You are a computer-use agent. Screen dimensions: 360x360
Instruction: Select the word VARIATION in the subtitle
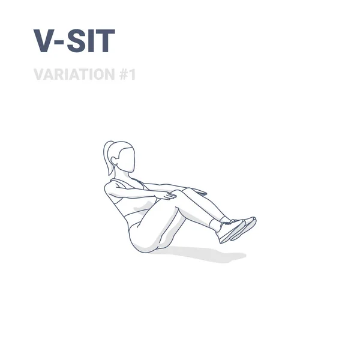click(x=71, y=74)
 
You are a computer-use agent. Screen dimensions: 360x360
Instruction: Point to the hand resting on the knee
click(x=166, y=194)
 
